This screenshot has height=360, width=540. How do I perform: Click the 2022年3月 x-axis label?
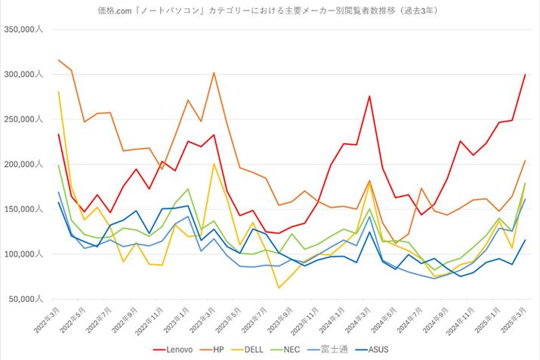48,321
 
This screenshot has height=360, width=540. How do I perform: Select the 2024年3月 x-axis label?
359,321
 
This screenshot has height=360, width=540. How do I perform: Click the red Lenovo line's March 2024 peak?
369,96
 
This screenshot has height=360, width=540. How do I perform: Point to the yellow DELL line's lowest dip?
279,288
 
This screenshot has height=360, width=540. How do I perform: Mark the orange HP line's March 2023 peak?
214,73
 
